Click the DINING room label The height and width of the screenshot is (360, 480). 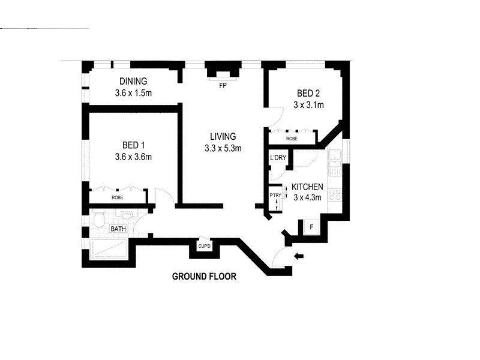[133, 82]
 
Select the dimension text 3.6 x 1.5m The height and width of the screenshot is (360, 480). [133, 94]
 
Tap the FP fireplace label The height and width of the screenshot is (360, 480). [223, 85]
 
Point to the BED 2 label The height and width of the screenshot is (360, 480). [309, 93]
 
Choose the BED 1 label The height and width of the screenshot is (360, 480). [134, 145]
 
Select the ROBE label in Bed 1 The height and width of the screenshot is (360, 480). [118, 197]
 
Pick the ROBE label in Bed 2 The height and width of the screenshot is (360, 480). [292, 138]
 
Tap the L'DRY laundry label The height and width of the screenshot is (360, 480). [278, 158]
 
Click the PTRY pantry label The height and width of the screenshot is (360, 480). [275, 195]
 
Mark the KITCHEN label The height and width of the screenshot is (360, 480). [307, 187]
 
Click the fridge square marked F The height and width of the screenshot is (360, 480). [311, 227]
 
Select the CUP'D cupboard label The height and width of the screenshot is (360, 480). [204, 247]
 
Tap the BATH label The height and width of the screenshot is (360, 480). [118, 229]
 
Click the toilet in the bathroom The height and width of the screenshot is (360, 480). [99, 220]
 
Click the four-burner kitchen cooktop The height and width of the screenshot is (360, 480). [335, 194]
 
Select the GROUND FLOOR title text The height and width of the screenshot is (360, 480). [204, 277]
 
